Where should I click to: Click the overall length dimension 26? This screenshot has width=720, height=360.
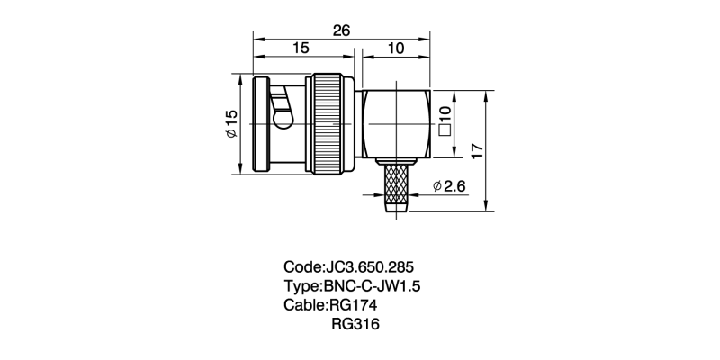pos(341,30)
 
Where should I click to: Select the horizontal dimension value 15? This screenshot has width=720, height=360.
pos(301,49)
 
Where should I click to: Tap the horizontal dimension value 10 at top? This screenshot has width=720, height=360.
pos(395,49)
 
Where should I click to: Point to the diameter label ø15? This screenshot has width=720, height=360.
pos(230,123)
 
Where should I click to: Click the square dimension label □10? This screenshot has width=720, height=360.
pos(444,119)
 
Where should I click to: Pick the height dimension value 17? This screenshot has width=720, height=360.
pos(478,149)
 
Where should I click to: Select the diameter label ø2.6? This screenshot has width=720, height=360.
pos(448,186)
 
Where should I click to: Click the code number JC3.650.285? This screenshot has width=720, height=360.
pos(368,267)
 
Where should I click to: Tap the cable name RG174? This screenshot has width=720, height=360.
pos(359,305)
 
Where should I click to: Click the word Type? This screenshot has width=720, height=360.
pos(301,286)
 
